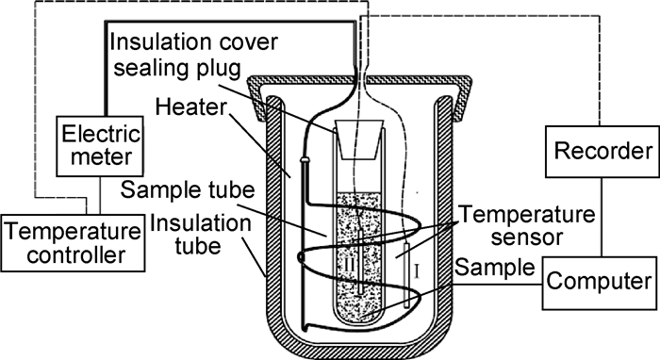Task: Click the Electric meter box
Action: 100,146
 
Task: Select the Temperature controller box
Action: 73,243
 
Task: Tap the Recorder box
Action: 602,152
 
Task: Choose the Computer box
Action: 599,283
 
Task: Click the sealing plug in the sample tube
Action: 359,139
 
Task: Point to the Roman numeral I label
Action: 417,271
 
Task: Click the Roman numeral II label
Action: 349,265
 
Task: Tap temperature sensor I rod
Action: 406,276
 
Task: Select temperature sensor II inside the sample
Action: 360,262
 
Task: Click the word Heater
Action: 191,107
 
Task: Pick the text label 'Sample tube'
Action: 188,190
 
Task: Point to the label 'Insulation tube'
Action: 200,234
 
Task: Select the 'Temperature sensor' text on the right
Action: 526,225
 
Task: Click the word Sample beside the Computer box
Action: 495,267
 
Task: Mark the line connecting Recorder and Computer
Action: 602,217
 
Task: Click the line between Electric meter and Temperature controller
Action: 100,196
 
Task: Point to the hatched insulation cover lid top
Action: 361,79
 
